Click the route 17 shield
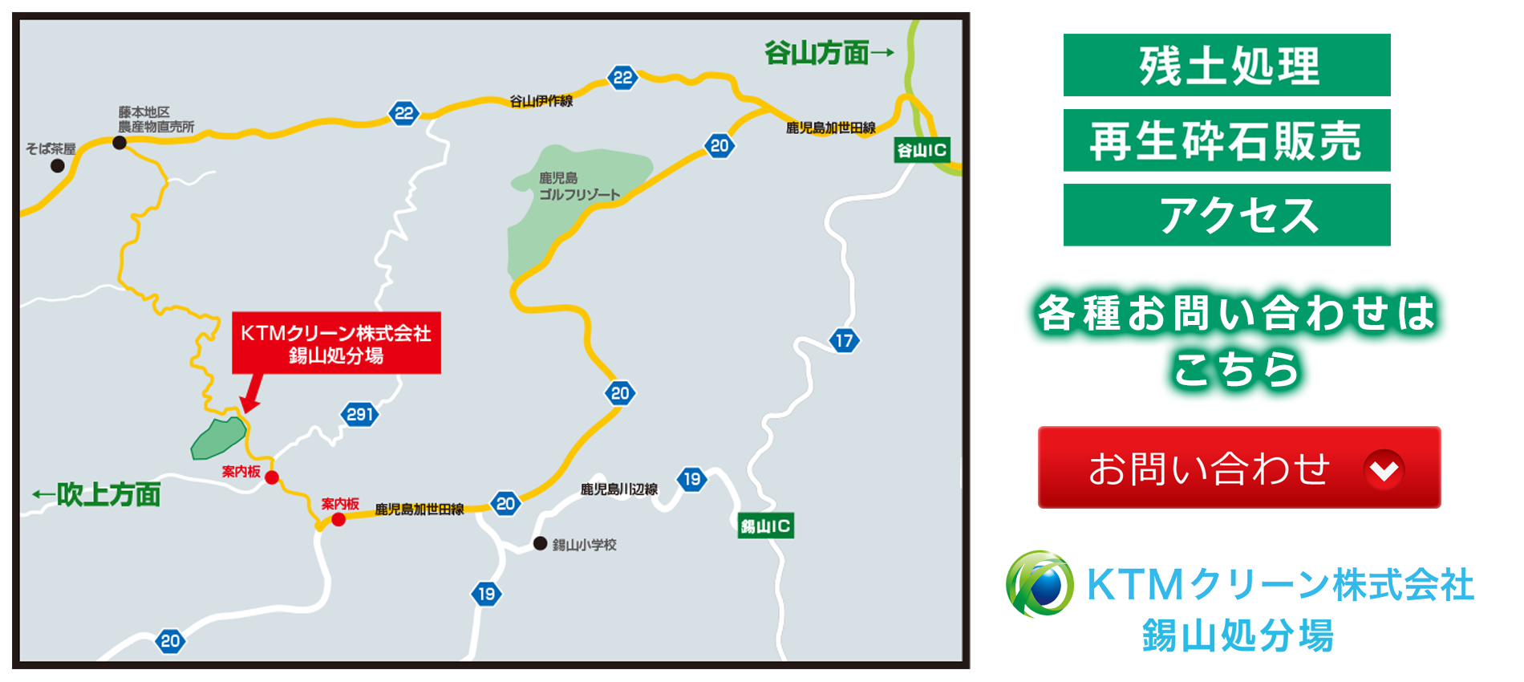[x=844, y=341]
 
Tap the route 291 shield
[x=359, y=415]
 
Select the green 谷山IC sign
[x=922, y=150]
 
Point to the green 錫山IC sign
[x=765, y=526]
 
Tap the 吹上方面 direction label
[x=97, y=494]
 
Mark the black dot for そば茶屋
[x=58, y=166]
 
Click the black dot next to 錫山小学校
[x=541, y=544]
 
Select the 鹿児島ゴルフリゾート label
[x=578, y=186]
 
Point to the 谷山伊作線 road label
[x=541, y=101]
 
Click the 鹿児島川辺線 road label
[x=618, y=489]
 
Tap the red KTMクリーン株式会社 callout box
[x=336, y=343]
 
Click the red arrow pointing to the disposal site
[x=251, y=394]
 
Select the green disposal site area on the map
[x=217, y=437]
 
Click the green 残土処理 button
[x=1226, y=65]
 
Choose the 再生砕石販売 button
[x=1226, y=140]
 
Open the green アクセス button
[x=1226, y=215]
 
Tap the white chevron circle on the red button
[x=1384, y=469]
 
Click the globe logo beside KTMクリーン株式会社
[x=1040, y=584]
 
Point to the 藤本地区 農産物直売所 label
[x=156, y=120]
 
